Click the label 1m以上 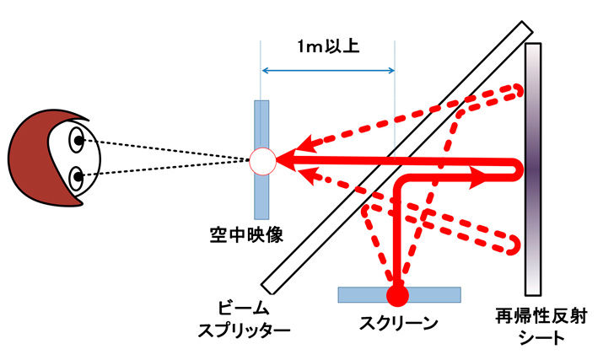pyautogui.click(x=328, y=46)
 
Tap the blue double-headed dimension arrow pyautogui.click(x=328, y=71)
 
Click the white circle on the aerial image pyautogui.click(x=263, y=161)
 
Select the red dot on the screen pyautogui.click(x=397, y=295)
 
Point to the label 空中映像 pyautogui.click(x=246, y=235)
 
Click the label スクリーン pyautogui.click(x=398, y=323)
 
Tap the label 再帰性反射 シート pyautogui.click(x=541, y=326)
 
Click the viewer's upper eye pyautogui.click(x=77, y=140)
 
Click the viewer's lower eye pyautogui.click(x=77, y=178)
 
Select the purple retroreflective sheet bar pyautogui.click(x=533, y=169)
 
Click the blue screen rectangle pyautogui.click(x=399, y=294)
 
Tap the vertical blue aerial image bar pyautogui.click(x=261, y=160)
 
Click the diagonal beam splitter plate pyautogui.click(x=396, y=158)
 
